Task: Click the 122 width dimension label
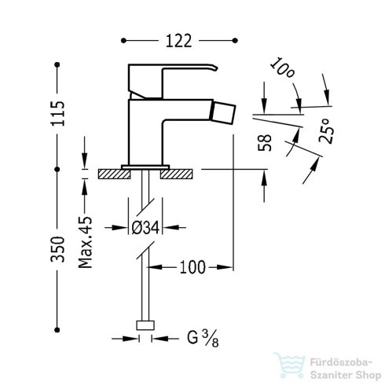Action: click(x=179, y=41)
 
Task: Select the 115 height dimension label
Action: click(x=57, y=113)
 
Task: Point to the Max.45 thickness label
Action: click(x=86, y=242)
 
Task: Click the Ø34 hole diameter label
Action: click(x=145, y=228)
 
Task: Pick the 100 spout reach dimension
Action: click(x=192, y=267)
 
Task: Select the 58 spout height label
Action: click(x=265, y=143)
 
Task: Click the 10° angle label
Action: click(x=282, y=68)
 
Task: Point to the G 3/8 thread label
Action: click(x=203, y=339)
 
